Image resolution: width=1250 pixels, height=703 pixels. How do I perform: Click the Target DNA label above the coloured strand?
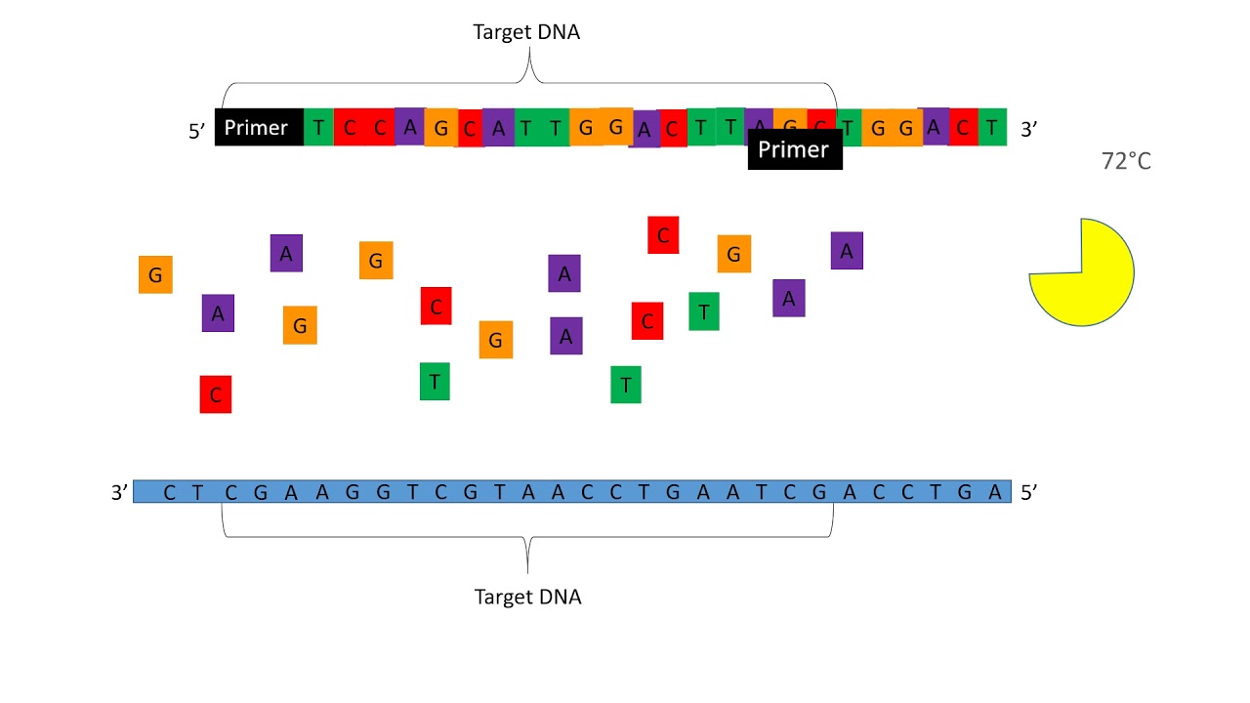point(526,31)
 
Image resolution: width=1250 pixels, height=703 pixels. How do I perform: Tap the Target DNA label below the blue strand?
point(527,597)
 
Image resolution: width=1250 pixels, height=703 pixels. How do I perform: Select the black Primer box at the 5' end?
point(259,128)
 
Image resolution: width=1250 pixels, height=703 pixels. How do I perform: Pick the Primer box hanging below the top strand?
point(794,150)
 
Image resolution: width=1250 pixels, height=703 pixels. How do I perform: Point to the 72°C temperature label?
point(1126,162)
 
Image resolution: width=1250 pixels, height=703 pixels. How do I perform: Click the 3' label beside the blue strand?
point(119,493)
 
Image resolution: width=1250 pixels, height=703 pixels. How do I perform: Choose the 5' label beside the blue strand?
point(1028,493)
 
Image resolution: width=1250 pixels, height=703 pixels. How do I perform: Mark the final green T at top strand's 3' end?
point(992,128)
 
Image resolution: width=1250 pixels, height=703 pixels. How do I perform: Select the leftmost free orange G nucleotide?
point(155,275)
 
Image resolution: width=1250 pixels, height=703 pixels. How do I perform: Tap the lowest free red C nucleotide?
point(216,394)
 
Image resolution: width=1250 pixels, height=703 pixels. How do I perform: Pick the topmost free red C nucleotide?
point(663,235)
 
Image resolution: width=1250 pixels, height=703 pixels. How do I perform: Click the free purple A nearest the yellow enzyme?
point(847,251)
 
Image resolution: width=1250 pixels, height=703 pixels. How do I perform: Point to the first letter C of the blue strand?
point(170,493)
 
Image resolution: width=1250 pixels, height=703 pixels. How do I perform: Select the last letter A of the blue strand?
point(995,493)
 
